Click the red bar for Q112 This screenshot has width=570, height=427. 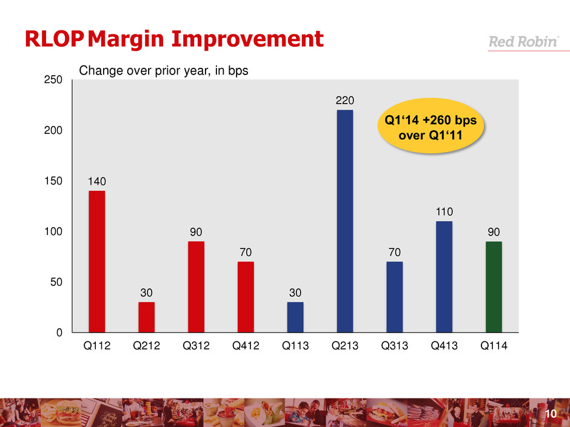pyautogui.click(x=96, y=261)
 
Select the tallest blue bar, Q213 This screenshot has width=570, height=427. pyautogui.click(x=344, y=221)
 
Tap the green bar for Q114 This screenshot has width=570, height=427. pyautogui.click(x=494, y=286)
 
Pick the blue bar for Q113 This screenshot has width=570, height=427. pyautogui.click(x=295, y=317)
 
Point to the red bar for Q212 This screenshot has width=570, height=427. pyautogui.click(x=146, y=317)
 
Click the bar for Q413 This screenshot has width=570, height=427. pyautogui.click(x=444, y=276)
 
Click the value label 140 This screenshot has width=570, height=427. pyautogui.click(x=97, y=181)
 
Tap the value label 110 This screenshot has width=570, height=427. pyautogui.click(x=444, y=212)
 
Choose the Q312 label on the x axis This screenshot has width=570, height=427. pyautogui.click(x=196, y=348)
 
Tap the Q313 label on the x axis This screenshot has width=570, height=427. pyautogui.click(x=394, y=348)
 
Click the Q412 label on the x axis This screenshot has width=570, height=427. pyautogui.click(x=246, y=348)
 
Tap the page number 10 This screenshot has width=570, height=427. pyautogui.click(x=551, y=414)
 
